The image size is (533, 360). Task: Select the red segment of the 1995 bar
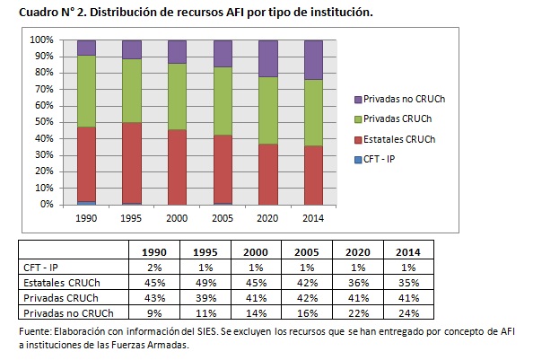[x=132, y=163]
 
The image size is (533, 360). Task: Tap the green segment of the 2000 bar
[x=178, y=97]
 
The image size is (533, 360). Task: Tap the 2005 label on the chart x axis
[x=223, y=216]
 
